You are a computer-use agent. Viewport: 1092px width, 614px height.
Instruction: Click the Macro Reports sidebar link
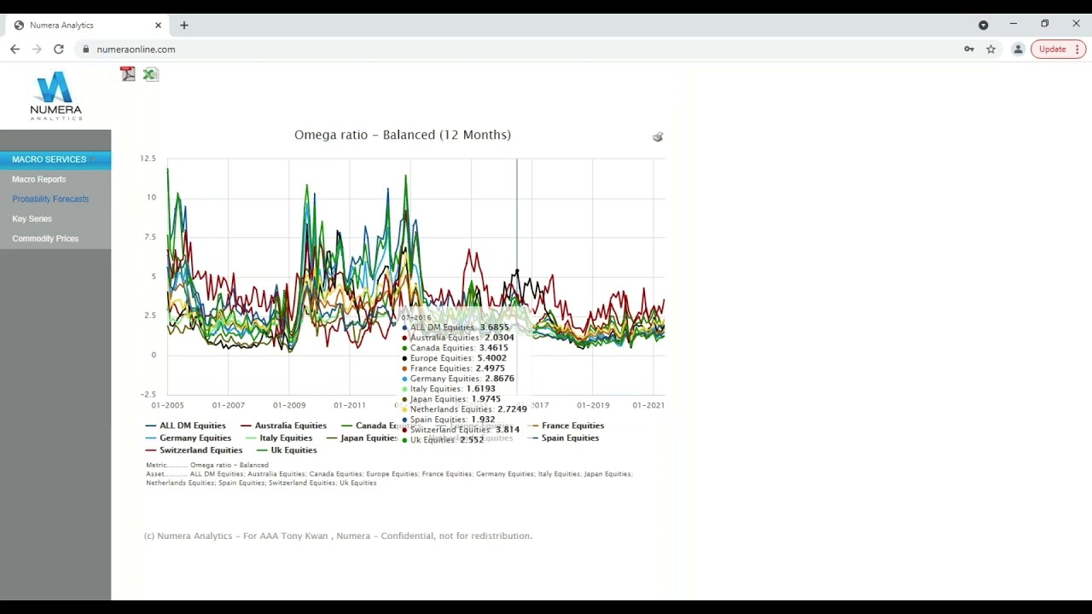pos(39,179)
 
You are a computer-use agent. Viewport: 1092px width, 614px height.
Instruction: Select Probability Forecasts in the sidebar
pos(50,199)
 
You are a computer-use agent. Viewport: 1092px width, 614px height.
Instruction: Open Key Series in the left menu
pos(32,219)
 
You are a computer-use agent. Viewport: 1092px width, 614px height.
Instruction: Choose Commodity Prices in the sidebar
pos(45,239)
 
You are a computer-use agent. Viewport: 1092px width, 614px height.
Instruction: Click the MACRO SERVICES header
pos(49,159)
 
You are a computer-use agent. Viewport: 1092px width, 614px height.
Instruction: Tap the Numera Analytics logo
pos(55,96)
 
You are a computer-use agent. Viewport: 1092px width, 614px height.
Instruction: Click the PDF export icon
pos(128,74)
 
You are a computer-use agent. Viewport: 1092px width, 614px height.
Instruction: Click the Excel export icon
pos(150,74)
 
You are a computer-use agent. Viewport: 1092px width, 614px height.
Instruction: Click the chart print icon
pos(658,136)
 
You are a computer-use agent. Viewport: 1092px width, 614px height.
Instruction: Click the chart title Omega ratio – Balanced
pos(402,135)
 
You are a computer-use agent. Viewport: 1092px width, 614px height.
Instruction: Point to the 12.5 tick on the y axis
pos(148,159)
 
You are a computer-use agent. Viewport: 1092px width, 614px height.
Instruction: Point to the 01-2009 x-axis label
pos(289,405)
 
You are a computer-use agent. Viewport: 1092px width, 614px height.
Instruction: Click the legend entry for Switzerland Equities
pos(200,450)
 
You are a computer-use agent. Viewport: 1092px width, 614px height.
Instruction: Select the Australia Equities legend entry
pos(290,426)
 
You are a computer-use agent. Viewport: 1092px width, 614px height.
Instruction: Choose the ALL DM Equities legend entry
pos(192,426)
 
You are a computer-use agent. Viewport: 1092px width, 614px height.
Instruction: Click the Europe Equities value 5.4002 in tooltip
pos(491,358)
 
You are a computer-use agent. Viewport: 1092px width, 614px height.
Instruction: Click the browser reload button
pos(59,49)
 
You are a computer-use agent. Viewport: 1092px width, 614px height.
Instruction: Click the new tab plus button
pos(184,26)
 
